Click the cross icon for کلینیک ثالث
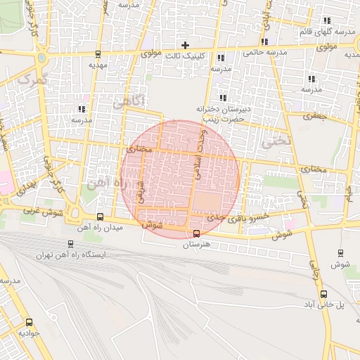pyautogui.click(x=185, y=45)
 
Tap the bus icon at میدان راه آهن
pyautogui.click(x=100, y=217)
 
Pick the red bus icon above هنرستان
pyautogui.click(x=196, y=234)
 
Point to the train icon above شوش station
pyautogui.click(x=341, y=253)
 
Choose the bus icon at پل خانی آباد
pyautogui.click(x=323, y=294)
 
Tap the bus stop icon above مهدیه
pyautogui.click(x=98, y=53)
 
